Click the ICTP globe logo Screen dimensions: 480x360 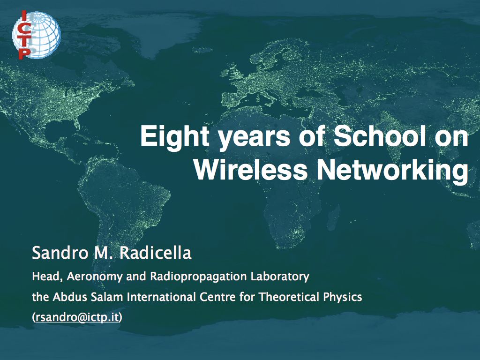pos(36,35)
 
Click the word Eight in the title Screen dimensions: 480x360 pos(175,136)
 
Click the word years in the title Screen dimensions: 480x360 pos(254,138)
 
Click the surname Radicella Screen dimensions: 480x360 pos(155,253)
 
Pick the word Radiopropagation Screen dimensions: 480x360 pos(198,277)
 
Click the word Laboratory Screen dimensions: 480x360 pos(280,277)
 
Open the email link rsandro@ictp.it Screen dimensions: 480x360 pos(77,317)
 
